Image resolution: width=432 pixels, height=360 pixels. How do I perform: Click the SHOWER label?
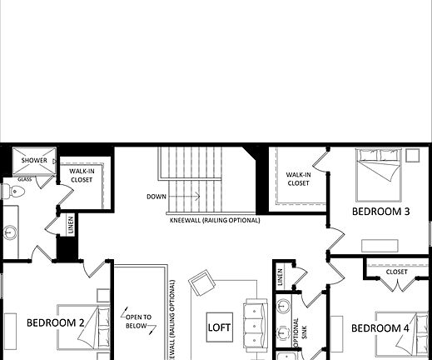click(x=34, y=160)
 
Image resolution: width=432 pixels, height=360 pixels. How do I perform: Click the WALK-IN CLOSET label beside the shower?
click(x=81, y=175)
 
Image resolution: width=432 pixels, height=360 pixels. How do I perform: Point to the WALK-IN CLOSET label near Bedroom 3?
click(x=299, y=179)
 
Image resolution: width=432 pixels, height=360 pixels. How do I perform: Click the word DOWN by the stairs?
click(x=156, y=197)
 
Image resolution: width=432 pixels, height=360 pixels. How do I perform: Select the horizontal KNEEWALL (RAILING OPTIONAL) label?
click(x=214, y=221)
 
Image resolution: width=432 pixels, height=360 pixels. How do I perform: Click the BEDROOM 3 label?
click(x=380, y=212)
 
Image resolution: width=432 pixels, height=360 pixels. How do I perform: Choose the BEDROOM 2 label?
click(x=56, y=322)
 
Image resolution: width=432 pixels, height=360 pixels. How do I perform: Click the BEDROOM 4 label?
click(x=380, y=328)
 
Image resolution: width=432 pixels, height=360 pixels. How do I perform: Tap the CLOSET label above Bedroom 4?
click(x=397, y=272)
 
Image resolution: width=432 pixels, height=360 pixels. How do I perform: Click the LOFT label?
click(x=219, y=327)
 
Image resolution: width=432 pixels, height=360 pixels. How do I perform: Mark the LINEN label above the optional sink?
click(x=281, y=276)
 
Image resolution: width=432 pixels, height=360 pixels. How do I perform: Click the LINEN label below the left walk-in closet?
click(x=70, y=225)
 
